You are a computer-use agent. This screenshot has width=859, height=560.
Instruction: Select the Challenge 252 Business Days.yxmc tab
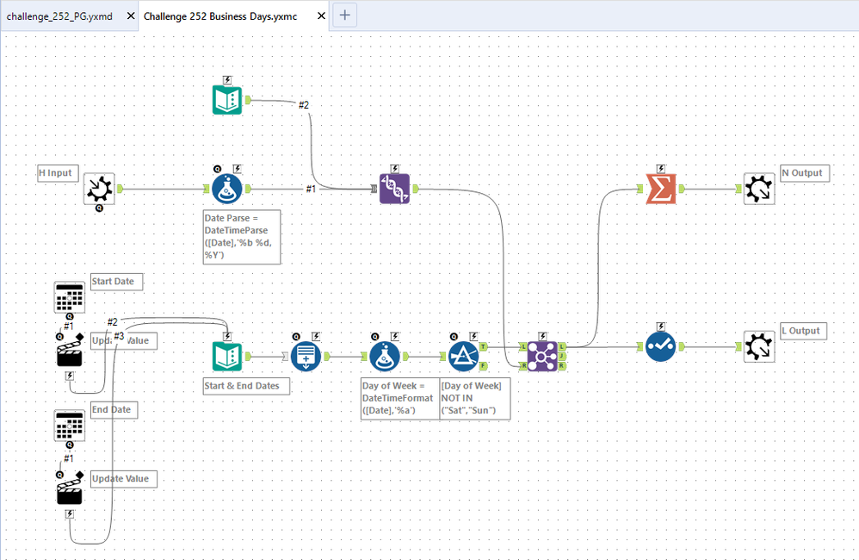[x=220, y=16]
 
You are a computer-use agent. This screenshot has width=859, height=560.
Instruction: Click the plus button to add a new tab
[x=344, y=15]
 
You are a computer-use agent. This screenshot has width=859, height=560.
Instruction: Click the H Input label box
[x=56, y=173]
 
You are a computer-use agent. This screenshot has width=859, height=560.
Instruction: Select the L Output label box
[x=803, y=331]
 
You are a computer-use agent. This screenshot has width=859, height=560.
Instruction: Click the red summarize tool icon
[x=660, y=189]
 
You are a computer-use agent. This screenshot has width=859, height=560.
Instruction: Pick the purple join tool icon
[x=542, y=354]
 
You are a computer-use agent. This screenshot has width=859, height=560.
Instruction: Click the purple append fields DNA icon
[x=394, y=189]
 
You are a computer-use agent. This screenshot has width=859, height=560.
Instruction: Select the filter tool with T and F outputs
[x=464, y=354]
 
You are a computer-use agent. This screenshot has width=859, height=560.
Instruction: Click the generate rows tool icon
[x=306, y=355]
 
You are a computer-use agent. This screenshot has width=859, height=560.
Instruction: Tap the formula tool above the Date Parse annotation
[x=227, y=189]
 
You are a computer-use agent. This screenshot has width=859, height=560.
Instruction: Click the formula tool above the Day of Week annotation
[x=385, y=355]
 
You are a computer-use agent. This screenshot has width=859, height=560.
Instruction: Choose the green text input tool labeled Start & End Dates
[x=227, y=355]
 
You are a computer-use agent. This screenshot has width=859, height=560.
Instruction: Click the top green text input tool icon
[x=227, y=99]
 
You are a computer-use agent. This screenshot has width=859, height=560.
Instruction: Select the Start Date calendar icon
[x=69, y=297]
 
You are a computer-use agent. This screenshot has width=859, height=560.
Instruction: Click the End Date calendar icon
[x=69, y=426]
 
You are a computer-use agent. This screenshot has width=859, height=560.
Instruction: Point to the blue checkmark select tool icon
[x=660, y=346]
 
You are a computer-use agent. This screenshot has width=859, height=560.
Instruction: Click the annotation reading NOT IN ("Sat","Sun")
[x=475, y=397]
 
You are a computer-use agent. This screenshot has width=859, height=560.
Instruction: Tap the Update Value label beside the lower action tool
[x=123, y=479]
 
